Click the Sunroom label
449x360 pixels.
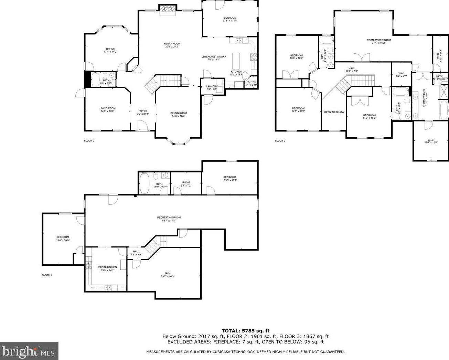click(x=230, y=18)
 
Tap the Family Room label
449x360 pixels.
click(x=172, y=44)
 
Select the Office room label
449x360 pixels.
click(x=110, y=49)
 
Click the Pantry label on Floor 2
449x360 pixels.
click(x=251, y=82)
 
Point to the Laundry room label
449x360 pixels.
click(x=212, y=86)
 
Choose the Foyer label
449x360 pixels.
click(x=142, y=111)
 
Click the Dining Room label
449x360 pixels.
click(x=179, y=113)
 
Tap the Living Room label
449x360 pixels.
click(x=107, y=108)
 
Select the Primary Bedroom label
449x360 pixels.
click(x=378, y=40)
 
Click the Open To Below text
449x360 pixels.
click(x=334, y=112)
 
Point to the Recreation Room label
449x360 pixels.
click(x=169, y=218)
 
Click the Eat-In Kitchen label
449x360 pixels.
click(x=107, y=267)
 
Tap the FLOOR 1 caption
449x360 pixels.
click(x=46, y=275)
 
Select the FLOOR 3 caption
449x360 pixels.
click(x=280, y=141)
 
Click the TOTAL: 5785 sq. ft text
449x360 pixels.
click(x=245, y=331)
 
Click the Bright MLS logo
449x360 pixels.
click(x=29, y=351)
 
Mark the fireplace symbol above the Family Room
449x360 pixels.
click(x=168, y=9)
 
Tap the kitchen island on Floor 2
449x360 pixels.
click(x=236, y=61)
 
